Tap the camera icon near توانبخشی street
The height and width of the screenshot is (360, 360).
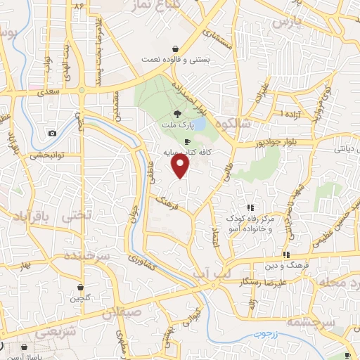52,134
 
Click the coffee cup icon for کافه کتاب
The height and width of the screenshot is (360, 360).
186,141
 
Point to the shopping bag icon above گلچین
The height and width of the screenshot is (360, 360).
82,287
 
